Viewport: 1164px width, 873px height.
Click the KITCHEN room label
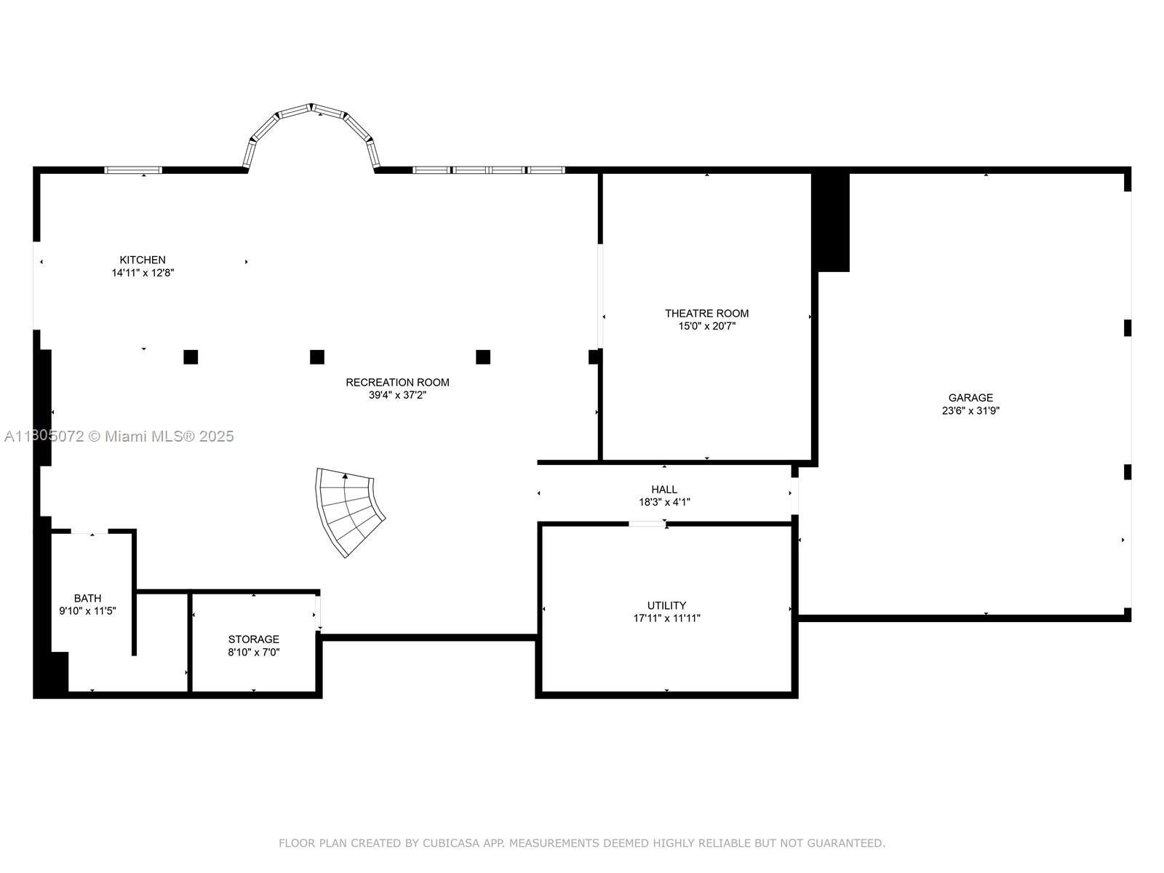tap(143, 260)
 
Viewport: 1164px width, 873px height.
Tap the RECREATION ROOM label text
tap(397, 382)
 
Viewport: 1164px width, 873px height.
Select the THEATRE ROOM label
tap(706, 314)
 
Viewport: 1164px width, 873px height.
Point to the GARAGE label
tap(970, 398)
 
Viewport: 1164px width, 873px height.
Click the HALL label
tap(664, 490)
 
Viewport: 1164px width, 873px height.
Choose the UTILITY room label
tap(666, 605)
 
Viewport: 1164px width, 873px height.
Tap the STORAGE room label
tap(253, 639)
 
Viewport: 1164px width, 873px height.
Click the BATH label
tap(87, 598)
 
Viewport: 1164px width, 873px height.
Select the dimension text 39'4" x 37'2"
tap(397, 395)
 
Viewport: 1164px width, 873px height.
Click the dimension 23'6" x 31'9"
tap(970, 410)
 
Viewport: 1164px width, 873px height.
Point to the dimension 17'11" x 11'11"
tap(666, 618)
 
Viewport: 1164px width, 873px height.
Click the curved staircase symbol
tap(350, 509)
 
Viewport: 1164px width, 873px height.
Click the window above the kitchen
tap(133, 170)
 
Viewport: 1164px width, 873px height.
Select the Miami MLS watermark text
tap(119, 436)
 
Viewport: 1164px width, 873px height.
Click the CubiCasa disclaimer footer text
tap(582, 843)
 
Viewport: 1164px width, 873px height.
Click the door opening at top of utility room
tap(647, 524)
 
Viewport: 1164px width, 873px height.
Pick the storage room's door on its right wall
tap(318, 613)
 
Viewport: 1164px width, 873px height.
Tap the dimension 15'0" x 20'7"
tap(706, 327)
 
